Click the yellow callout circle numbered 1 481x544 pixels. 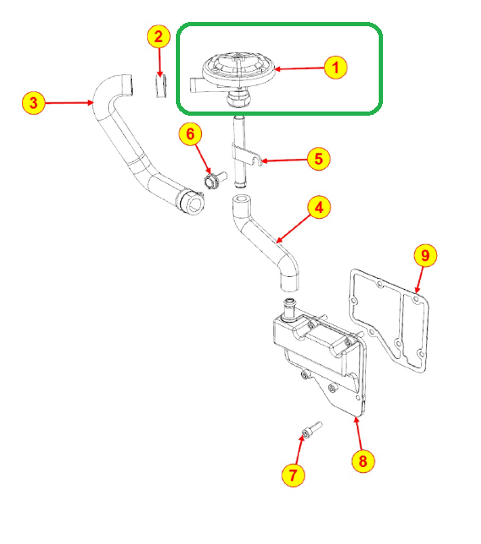point(336,68)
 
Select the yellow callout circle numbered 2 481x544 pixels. point(158,36)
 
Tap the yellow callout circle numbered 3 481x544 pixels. point(34,103)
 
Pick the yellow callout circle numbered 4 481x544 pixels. point(319,207)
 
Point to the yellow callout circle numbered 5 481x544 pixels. point(318,159)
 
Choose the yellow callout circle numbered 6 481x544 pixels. point(190,134)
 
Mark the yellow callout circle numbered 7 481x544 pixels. point(293,475)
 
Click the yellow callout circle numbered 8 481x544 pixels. point(363,461)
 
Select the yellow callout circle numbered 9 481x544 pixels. point(425,255)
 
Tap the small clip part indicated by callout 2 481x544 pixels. point(161,85)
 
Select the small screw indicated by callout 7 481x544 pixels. point(312,429)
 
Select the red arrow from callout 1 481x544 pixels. point(299,68)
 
